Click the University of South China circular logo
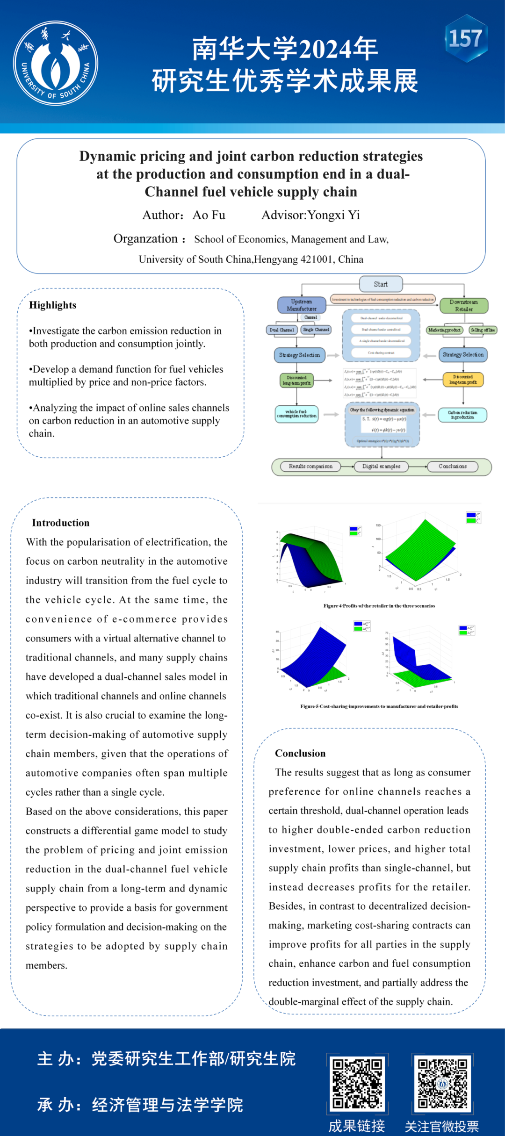55,63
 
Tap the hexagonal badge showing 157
466,38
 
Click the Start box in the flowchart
381,284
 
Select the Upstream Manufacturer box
302,305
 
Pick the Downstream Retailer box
464,305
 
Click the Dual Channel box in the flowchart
281,330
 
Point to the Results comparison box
310,466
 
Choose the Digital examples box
381,466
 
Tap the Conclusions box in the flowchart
453,466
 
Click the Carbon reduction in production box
462,415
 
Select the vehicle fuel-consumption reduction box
296,414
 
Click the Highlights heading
53,305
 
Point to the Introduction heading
60,523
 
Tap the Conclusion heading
300,753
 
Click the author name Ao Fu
209,215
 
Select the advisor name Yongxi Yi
333,215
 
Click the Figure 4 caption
379,606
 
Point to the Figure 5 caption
379,706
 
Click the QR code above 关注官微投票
442,1083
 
